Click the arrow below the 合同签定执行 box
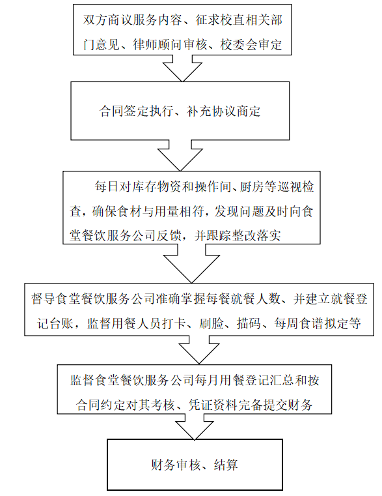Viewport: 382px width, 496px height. [x=180, y=155]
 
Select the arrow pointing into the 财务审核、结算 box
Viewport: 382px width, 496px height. [x=195, y=427]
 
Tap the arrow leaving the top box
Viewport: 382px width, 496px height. [x=182, y=68]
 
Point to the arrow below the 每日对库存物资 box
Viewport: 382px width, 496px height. [x=191, y=263]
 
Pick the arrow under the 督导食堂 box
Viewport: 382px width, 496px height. [x=199, y=350]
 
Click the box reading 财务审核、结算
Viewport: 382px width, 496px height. [x=195, y=464]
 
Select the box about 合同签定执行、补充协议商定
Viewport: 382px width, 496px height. [x=180, y=111]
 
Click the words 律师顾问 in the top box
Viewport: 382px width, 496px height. [x=152, y=44]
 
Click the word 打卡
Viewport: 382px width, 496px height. [x=174, y=323]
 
